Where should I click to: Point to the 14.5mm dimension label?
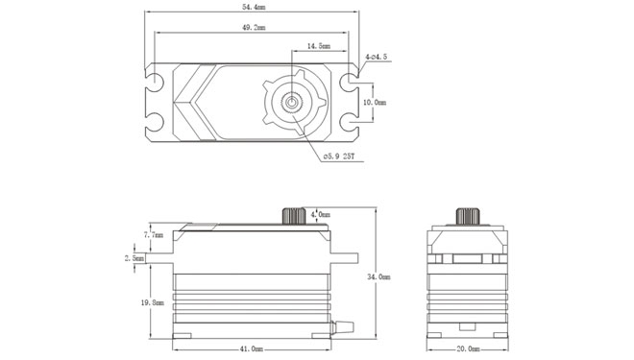(319, 45)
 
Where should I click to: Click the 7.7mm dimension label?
(153, 234)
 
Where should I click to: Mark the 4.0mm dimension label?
(323, 213)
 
